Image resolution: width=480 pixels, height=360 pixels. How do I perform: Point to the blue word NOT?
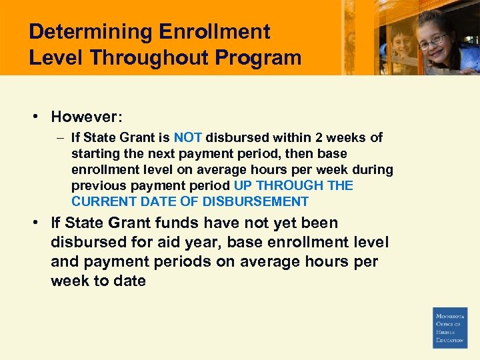pos(188,138)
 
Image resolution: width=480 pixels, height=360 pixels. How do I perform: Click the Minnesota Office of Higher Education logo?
pos(450,327)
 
